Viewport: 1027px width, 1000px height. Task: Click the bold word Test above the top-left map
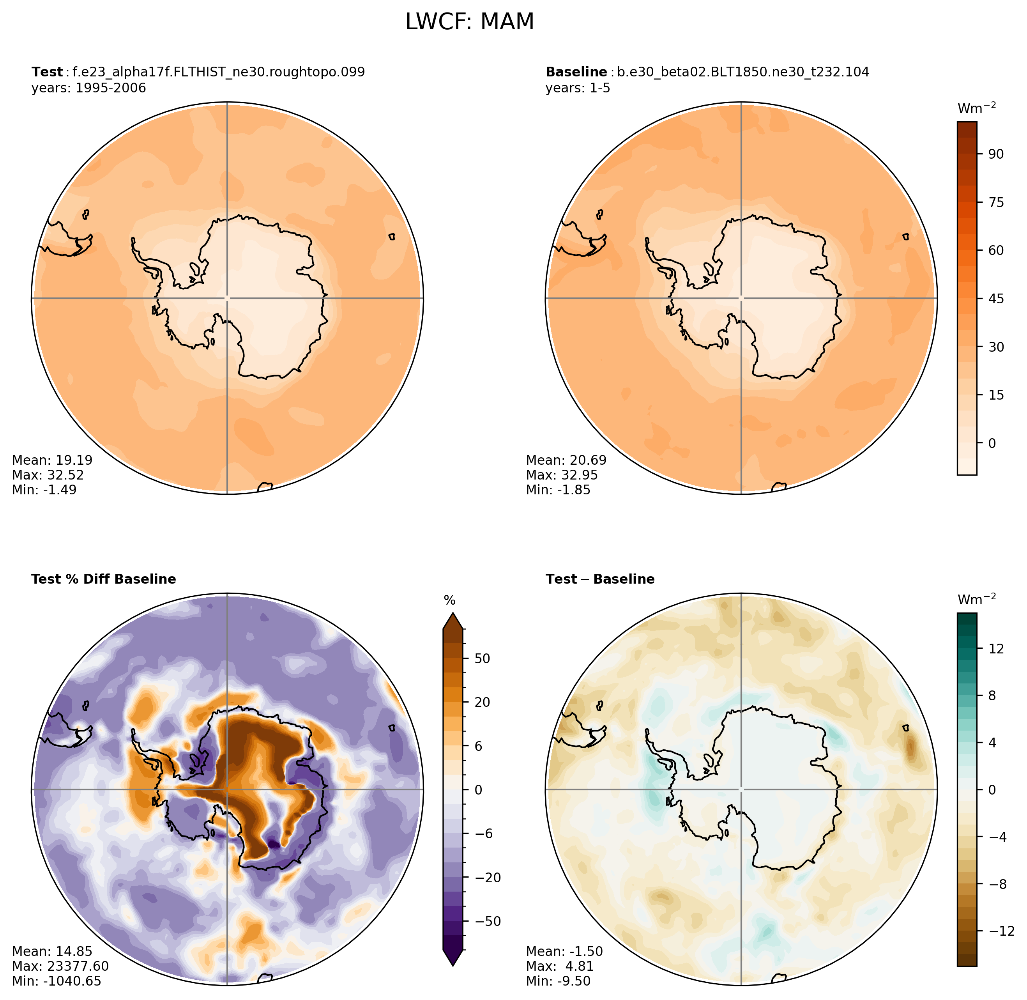tap(47, 72)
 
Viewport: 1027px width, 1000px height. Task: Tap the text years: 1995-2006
tap(89, 88)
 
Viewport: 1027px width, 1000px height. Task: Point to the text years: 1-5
tap(578, 88)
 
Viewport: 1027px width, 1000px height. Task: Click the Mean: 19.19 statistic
tap(52, 460)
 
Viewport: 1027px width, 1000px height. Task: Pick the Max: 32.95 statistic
tap(562, 475)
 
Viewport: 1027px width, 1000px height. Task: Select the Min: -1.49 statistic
tap(44, 490)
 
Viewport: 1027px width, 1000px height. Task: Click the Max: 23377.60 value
tap(60, 966)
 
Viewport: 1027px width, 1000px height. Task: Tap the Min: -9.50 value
tap(558, 981)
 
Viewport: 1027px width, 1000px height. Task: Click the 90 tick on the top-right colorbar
tap(995, 154)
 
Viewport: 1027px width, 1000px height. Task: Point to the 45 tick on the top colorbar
tap(995, 298)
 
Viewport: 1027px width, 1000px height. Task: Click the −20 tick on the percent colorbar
tap(487, 878)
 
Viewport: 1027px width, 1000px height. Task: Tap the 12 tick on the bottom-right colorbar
tap(995, 649)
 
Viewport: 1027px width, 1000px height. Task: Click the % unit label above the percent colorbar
tap(449, 600)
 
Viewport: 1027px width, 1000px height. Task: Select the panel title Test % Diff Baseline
tap(103, 579)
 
